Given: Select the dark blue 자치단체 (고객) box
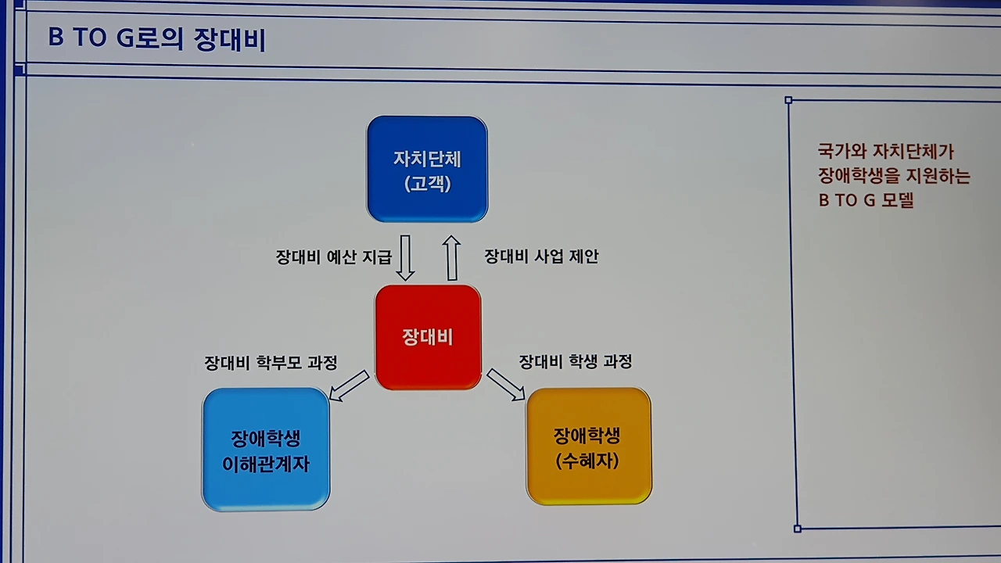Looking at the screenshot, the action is (x=427, y=169).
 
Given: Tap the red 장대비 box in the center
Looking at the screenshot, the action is (x=428, y=337).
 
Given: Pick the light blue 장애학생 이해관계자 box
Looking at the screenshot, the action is (x=266, y=450).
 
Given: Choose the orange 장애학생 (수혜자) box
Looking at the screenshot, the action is (x=588, y=446).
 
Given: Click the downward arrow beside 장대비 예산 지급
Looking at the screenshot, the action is (x=405, y=257).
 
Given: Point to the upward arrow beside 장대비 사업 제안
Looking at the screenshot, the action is (x=451, y=257).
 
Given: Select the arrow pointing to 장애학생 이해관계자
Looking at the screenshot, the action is (x=348, y=385).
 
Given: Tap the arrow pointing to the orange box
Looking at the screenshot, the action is (x=505, y=385).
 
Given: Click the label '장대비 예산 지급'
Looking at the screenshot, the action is (x=333, y=257).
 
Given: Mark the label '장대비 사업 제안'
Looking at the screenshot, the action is (x=541, y=256).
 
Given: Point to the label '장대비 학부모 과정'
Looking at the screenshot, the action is (x=271, y=363).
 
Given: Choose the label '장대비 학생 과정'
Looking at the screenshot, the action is (x=575, y=361).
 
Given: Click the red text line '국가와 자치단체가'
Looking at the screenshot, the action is (x=885, y=152).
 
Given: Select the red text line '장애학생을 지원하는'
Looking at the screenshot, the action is (x=894, y=175).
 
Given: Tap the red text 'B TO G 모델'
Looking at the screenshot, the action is (x=866, y=200).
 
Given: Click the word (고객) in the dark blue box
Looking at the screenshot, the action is (x=427, y=185).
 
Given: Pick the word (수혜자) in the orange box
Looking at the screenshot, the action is (x=587, y=461).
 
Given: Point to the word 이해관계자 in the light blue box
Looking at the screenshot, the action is (x=266, y=464).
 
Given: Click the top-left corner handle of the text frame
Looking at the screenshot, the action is (x=788, y=100).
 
